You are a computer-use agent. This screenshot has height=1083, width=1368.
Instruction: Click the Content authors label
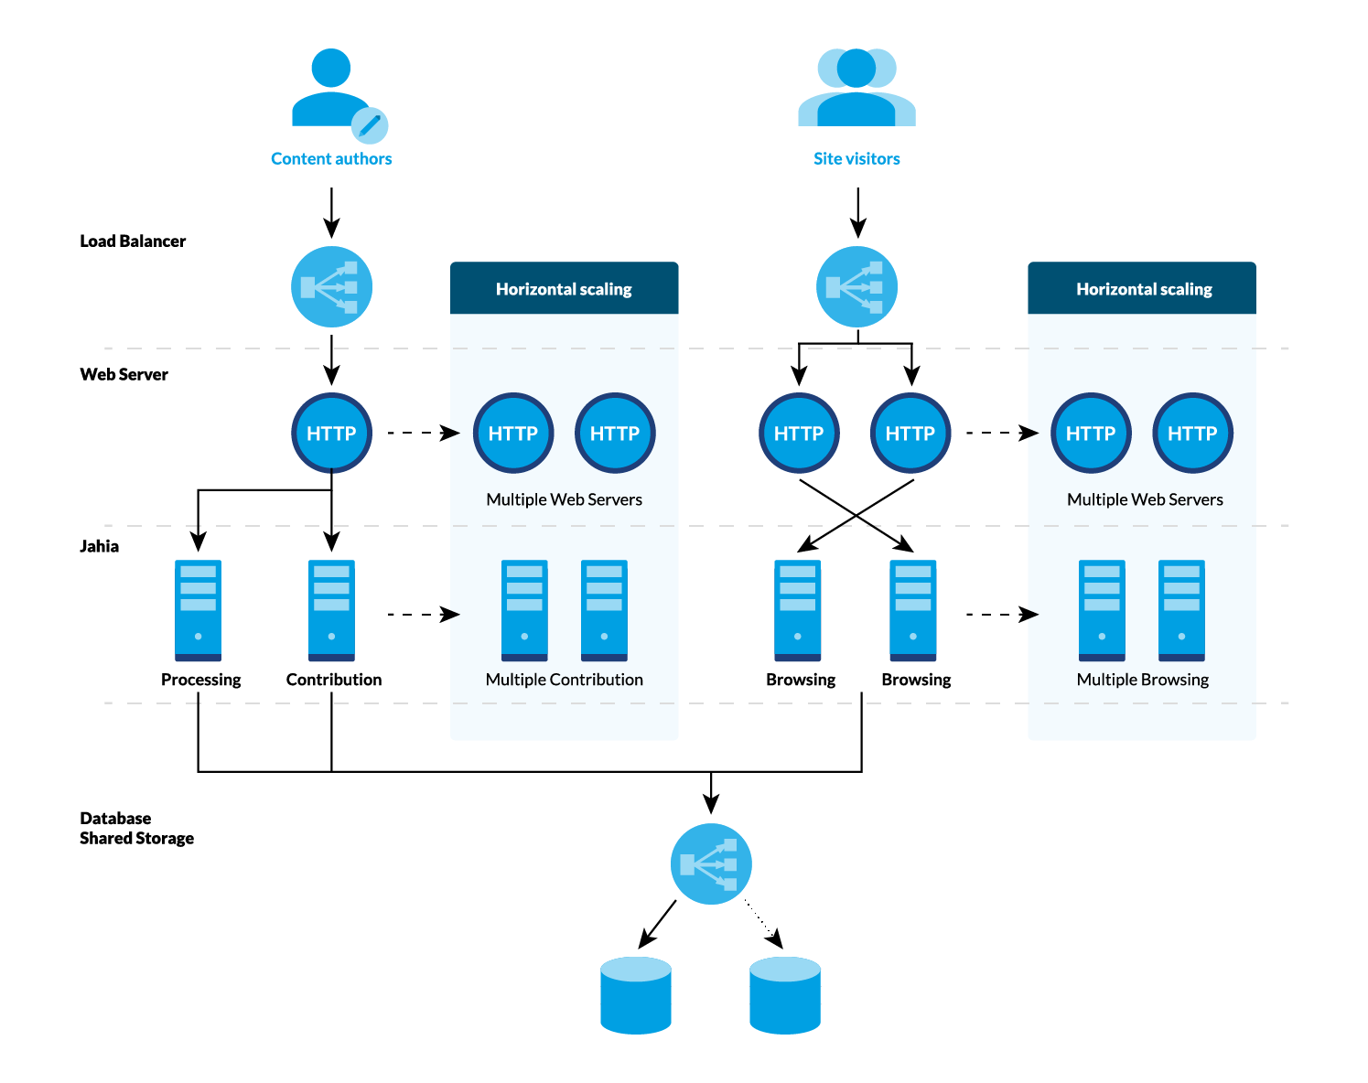point(331,159)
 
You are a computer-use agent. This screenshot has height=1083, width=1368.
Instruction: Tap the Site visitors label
point(856,159)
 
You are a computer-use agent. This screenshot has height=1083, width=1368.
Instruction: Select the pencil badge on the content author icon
point(370,125)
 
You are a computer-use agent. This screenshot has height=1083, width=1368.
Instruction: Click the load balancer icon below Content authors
point(331,287)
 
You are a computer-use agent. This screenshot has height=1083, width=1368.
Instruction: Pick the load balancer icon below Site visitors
point(856,287)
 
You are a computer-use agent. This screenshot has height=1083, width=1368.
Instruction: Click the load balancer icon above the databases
point(711,864)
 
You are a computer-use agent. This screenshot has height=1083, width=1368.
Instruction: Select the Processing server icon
point(199,610)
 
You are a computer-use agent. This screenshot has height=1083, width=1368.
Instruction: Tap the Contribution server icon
point(331,610)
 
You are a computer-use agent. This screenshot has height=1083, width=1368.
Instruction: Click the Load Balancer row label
point(133,241)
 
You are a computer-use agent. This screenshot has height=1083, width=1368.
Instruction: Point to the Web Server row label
point(124,375)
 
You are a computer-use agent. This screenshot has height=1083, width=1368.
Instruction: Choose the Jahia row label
point(100,547)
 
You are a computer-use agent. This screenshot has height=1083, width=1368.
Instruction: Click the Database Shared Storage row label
point(136,829)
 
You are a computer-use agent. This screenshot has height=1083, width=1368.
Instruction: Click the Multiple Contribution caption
point(564,680)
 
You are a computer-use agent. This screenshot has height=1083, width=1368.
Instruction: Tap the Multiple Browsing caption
point(1142,680)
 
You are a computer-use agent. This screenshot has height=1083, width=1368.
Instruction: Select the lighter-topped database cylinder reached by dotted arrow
point(784,995)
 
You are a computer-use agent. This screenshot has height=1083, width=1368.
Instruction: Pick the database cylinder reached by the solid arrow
point(636,995)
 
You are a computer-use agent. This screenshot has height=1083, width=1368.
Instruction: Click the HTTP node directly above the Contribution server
point(331,433)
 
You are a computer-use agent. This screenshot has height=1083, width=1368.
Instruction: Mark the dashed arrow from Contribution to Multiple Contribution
point(423,615)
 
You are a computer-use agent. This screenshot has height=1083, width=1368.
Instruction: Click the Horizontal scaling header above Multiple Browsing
point(1143,289)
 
